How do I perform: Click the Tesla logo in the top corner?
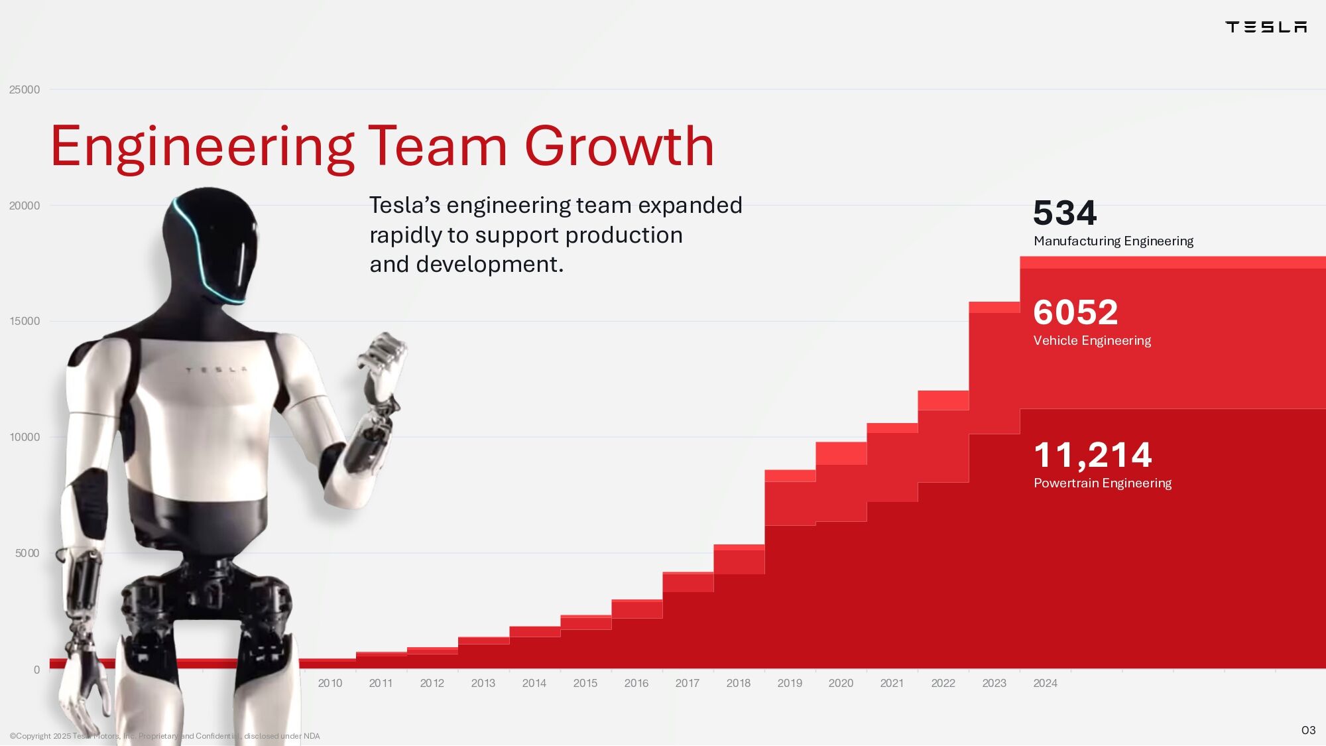[x=1266, y=27]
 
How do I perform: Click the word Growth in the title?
[x=619, y=147]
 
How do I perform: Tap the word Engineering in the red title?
[x=202, y=147]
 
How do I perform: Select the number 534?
[x=1065, y=213]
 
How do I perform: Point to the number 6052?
[x=1075, y=312]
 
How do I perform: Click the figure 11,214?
[x=1093, y=456]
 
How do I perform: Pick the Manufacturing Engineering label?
[x=1113, y=241]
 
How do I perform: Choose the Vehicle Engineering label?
[x=1092, y=340]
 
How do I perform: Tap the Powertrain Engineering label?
[x=1102, y=483]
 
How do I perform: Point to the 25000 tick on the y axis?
[x=25, y=90]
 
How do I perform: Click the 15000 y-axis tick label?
[x=25, y=321]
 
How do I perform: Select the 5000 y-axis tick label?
[x=27, y=553]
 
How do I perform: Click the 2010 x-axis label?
[x=330, y=683]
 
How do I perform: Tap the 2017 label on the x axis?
[x=687, y=683]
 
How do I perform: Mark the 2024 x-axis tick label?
[x=1045, y=683]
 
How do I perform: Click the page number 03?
[x=1308, y=730]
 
